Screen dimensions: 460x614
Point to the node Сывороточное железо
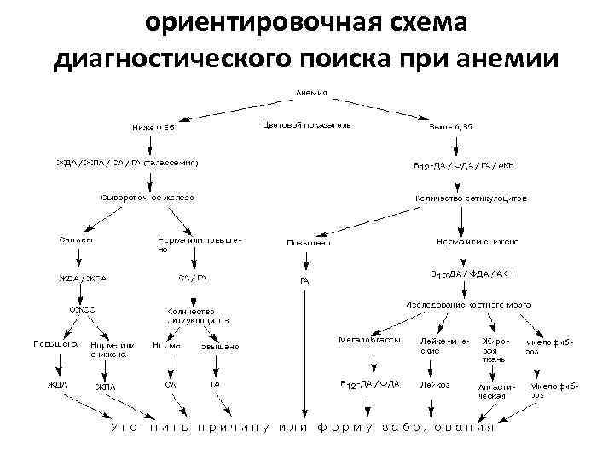coord(148,197)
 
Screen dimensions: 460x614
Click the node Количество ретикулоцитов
coord(471,197)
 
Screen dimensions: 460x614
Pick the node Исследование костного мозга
coord(468,304)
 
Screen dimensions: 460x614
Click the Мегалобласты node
coord(368,340)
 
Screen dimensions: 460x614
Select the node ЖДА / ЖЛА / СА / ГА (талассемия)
coord(128,162)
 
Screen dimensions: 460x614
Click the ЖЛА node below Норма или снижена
coord(105,387)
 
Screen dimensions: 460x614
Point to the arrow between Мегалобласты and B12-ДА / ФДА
coord(368,362)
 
